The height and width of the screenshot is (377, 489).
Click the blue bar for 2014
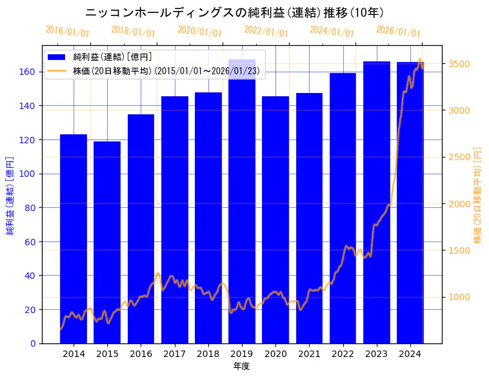pyautogui.click(x=74, y=239)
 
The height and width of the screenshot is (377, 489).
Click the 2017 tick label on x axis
pyautogui.click(x=174, y=354)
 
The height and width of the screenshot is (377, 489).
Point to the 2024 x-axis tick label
pyautogui.click(x=410, y=354)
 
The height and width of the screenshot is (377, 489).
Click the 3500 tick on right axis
pyautogui.click(x=458, y=65)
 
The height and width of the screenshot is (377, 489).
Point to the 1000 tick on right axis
pyautogui.click(x=458, y=297)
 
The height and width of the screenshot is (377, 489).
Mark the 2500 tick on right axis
pyautogui.click(x=458, y=158)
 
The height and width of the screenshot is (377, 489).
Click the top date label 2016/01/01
pyautogui.click(x=68, y=32)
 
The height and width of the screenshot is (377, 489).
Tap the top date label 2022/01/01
pyautogui.click(x=266, y=32)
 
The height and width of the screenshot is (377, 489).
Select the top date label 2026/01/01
pyautogui.click(x=398, y=32)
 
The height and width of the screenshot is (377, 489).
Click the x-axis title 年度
pyautogui.click(x=242, y=366)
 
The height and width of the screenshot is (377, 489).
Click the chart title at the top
pyautogui.click(x=235, y=13)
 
